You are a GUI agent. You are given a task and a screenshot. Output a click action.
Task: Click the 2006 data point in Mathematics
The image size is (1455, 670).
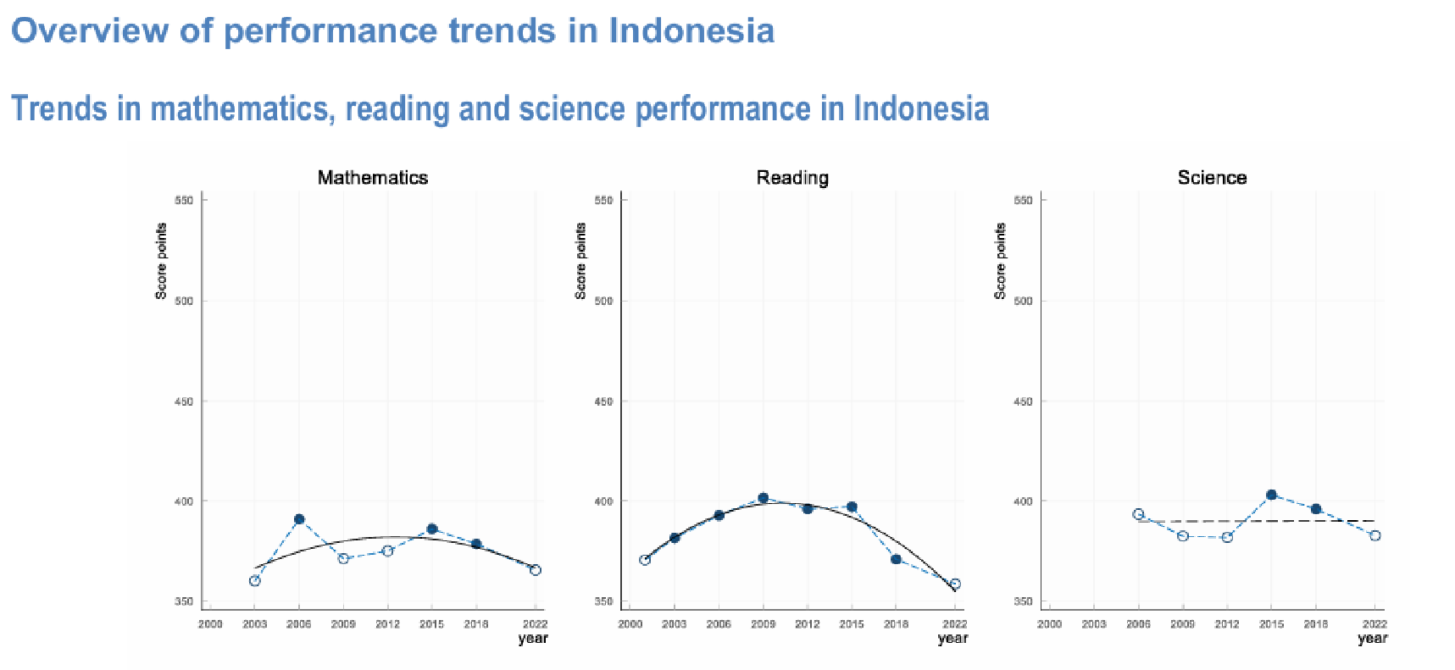[299, 519]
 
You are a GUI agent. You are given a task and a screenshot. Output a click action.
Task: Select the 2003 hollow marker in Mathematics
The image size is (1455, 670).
[255, 580]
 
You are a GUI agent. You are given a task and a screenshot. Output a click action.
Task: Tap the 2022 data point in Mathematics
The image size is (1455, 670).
[536, 570]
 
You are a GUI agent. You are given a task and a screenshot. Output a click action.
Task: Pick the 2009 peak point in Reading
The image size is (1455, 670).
[764, 498]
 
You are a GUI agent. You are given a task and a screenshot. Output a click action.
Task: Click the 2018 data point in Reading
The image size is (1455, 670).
[896, 559]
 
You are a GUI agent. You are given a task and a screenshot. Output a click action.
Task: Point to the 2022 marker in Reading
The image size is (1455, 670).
[955, 584]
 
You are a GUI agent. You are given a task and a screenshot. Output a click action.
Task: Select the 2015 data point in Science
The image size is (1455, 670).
[1271, 495]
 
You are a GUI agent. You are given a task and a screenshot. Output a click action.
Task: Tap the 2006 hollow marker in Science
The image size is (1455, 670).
[1138, 514]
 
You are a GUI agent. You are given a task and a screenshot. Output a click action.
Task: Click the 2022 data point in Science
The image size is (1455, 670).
[1375, 535]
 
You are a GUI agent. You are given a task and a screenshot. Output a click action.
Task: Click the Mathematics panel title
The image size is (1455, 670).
[373, 178]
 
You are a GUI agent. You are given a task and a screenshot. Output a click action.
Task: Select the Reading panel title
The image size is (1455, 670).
[792, 178]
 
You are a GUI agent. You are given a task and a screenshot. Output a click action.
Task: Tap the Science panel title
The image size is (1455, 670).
[1212, 178]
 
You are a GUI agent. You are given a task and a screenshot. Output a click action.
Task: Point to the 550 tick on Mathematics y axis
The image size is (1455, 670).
[185, 201]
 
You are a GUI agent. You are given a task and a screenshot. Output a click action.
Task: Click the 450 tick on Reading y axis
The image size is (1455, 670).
[603, 401]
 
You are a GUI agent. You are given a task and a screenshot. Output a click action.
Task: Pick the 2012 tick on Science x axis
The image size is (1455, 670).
[1227, 624]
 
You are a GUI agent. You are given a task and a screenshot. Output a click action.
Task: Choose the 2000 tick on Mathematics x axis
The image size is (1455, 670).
[210, 624]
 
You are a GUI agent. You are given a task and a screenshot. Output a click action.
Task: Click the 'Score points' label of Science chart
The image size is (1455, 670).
[1001, 261]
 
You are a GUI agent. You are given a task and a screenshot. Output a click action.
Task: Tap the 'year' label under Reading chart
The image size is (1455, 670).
[952, 639]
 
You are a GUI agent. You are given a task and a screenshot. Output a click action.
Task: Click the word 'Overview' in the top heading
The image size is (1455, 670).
[90, 30]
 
